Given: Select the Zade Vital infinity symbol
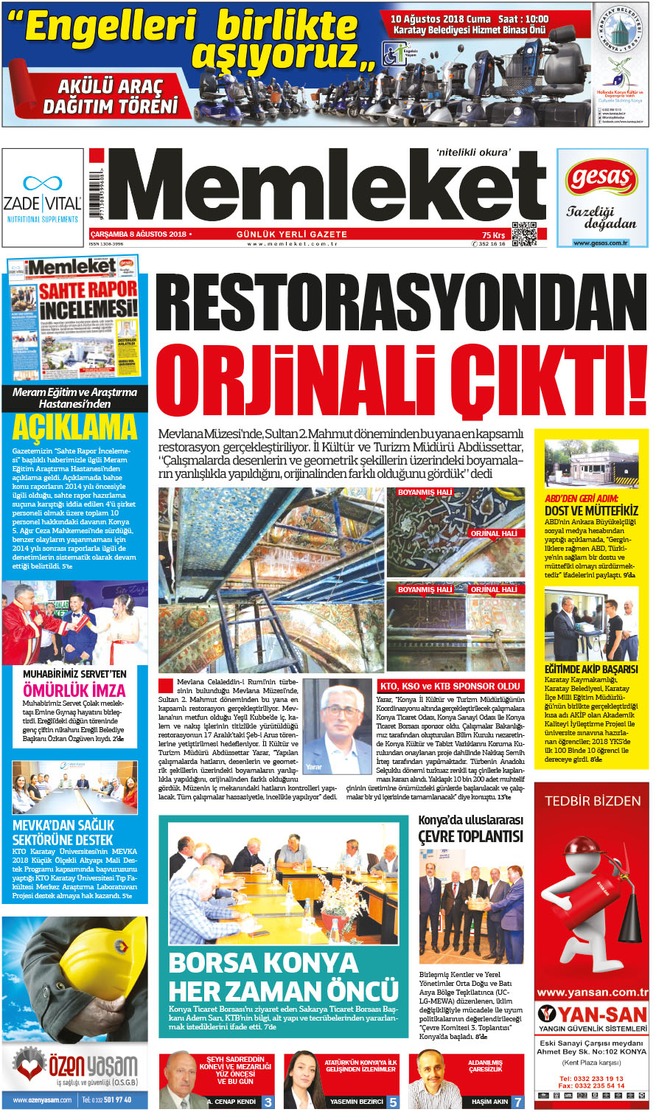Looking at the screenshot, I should pos(42,182).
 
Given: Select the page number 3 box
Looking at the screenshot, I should pos(268,1102).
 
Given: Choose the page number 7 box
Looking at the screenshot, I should pos(518,1102).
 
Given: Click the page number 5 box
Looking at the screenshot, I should pos(393,1102).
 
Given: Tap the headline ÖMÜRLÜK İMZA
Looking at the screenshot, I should pos(74,690).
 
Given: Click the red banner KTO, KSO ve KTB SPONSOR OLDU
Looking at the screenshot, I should pos(450,686).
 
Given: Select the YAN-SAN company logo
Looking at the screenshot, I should pos(593,1015).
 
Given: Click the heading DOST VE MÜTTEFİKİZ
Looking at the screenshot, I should pos(591,510).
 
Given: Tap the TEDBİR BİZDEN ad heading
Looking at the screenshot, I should pos(593,801).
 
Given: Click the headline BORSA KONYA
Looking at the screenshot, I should pos(263,963).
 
